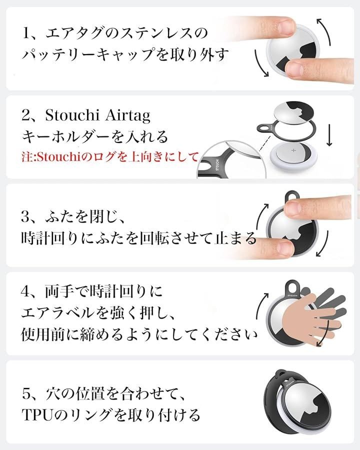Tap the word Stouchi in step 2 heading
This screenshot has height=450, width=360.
72,115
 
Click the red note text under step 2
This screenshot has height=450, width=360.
110,157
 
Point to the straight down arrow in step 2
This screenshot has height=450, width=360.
329,135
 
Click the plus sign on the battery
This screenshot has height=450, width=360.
293,150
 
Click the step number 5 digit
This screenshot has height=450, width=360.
26,394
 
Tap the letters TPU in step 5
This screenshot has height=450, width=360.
37,415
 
